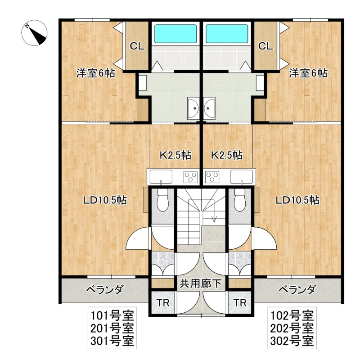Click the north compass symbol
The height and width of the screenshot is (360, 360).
coord(35,33)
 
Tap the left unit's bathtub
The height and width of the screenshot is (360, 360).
coord(175,34)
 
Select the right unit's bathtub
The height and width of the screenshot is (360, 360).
coord(227,34)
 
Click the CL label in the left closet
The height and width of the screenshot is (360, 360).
coord(137,46)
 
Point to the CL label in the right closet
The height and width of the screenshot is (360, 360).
coord(265,46)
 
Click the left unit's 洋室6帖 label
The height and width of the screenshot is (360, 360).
coord(96,73)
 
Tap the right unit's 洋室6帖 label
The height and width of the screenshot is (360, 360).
coord(308,73)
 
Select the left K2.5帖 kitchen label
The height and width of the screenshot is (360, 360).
coord(175,155)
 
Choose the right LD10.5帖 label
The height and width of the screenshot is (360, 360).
coord(297,200)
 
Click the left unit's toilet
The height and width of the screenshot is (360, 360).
coord(163,199)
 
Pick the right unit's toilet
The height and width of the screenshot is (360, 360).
coord(240,199)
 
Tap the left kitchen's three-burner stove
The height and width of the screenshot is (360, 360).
coord(190,177)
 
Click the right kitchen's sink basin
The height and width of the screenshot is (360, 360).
coord(242,176)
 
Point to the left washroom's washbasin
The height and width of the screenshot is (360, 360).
coord(193,108)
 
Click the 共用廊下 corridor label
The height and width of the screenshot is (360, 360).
coord(200,284)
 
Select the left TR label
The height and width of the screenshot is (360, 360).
coord(163,303)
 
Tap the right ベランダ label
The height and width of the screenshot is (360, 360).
coord(297,290)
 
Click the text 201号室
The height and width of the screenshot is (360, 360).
coord(112,328)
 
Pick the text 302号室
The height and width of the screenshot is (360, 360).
coord(292,341)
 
